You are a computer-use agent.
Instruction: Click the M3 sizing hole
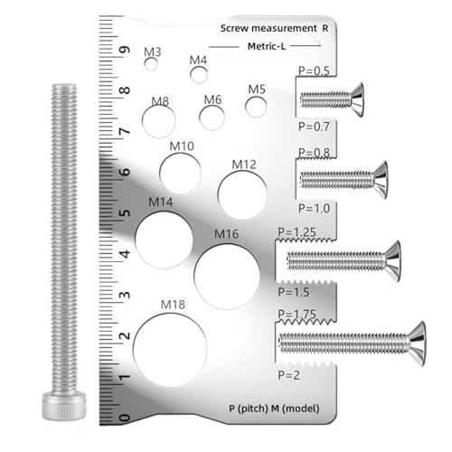[151, 64]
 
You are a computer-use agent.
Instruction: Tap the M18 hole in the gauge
[170, 350]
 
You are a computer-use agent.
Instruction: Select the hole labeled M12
[242, 195]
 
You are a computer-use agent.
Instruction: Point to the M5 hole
[256, 107]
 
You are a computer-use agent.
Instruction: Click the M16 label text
[226, 234]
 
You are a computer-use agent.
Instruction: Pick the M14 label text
[161, 202]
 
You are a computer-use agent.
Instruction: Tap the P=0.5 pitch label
[314, 71]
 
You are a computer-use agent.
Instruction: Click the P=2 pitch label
[288, 375]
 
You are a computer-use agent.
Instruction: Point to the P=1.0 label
[314, 208]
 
